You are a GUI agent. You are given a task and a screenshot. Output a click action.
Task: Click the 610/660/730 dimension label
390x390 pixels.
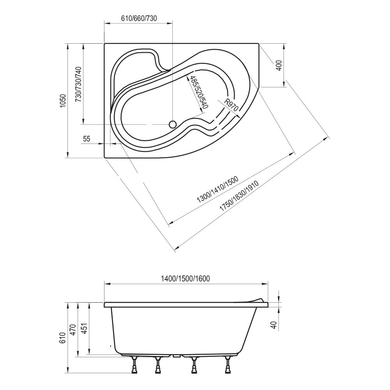click(139, 18)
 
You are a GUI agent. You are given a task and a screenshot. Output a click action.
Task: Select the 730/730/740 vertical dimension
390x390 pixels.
click(79, 84)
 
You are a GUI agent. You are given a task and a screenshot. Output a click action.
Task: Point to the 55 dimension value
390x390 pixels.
click(86, 138)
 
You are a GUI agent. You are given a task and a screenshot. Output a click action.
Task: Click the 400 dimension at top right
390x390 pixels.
click(279, 66)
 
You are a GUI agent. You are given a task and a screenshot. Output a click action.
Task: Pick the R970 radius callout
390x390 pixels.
click(231, 105)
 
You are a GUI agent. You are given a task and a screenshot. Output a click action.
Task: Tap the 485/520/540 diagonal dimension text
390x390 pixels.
click(199, 92)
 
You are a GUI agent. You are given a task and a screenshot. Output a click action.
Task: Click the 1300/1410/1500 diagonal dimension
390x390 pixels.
click(217, 190)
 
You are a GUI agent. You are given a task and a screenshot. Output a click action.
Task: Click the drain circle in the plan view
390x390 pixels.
click(172, 124)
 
